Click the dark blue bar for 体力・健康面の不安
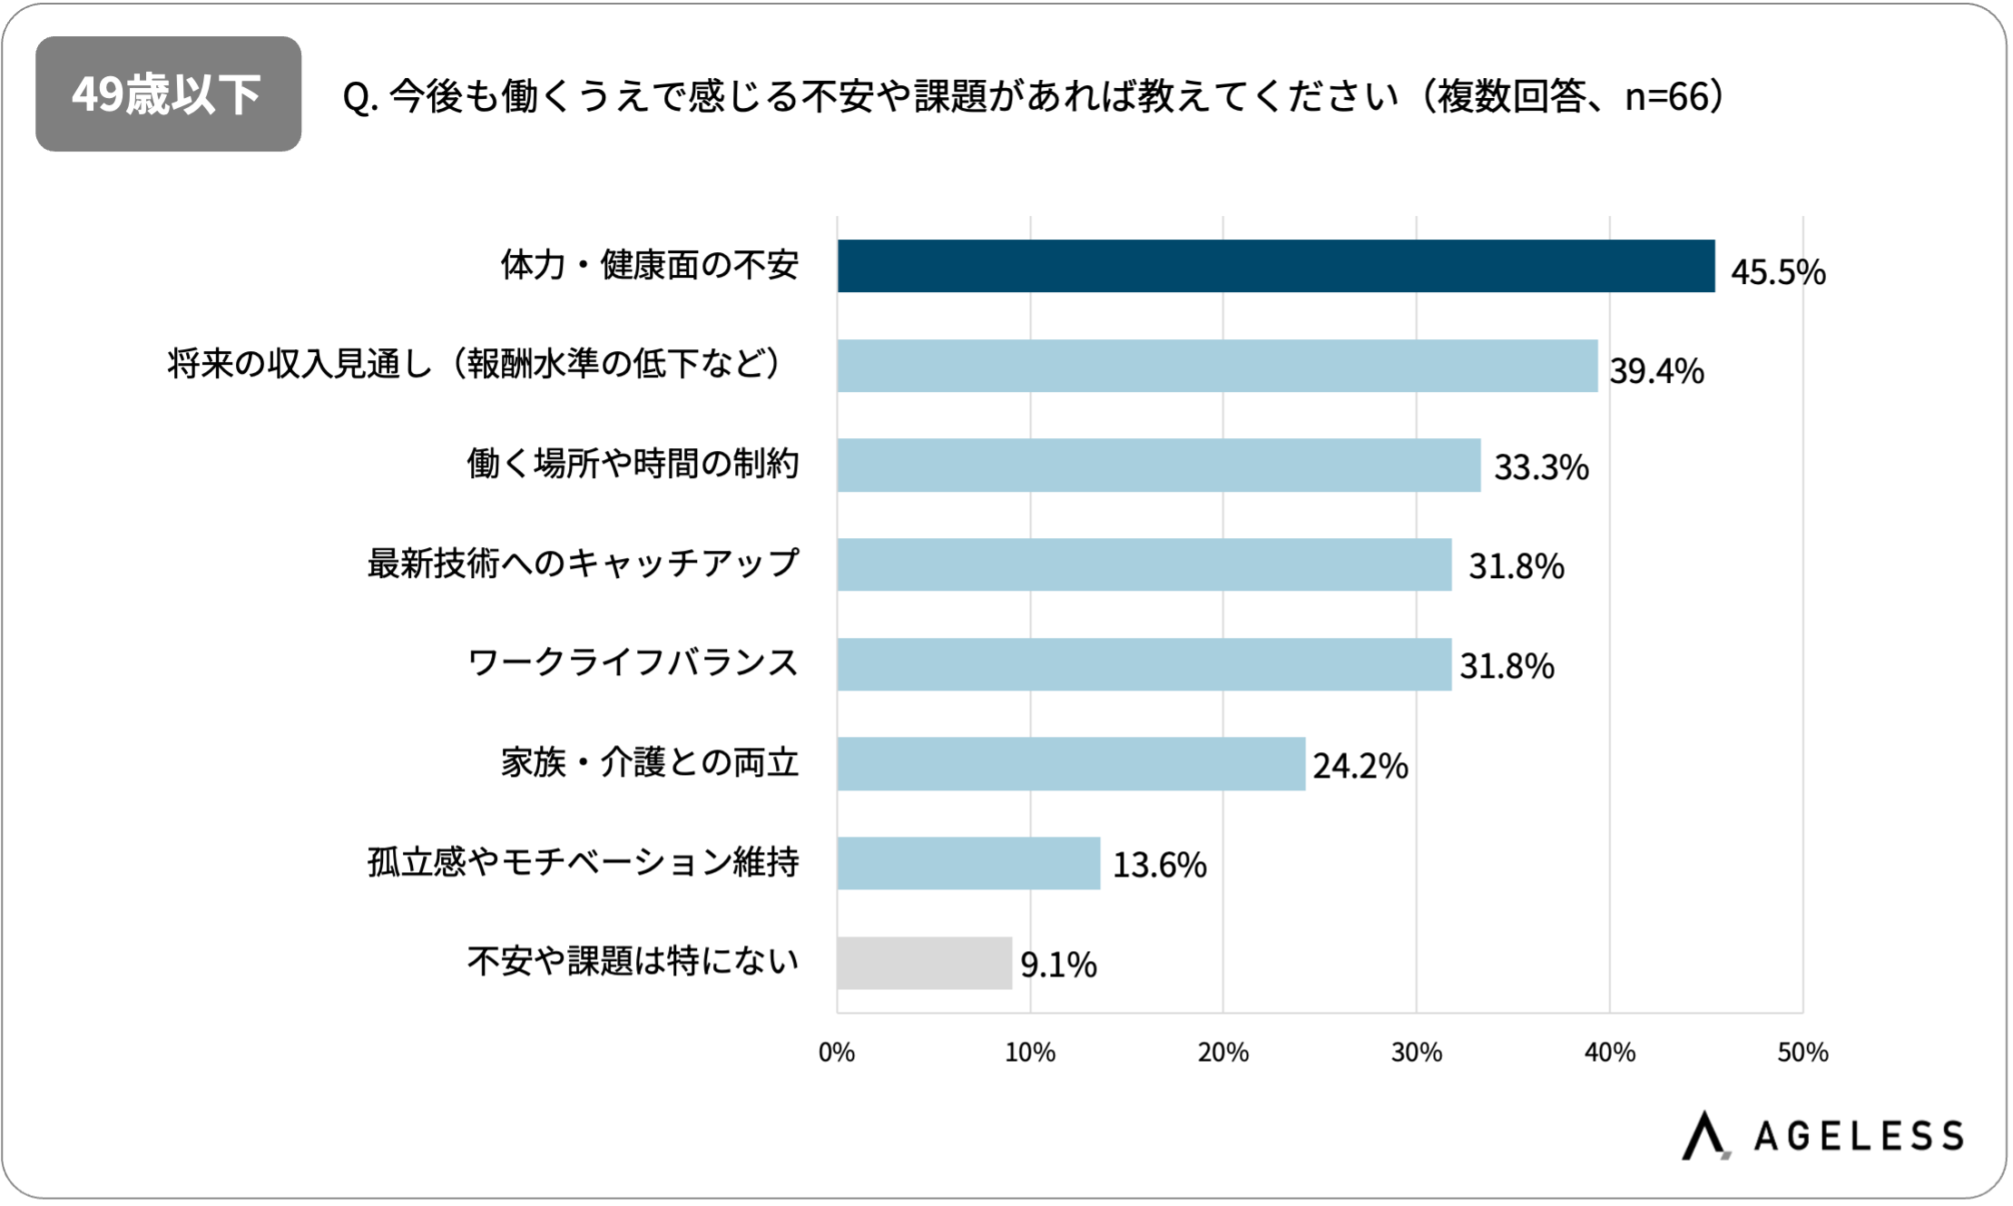[x=1275, y=266]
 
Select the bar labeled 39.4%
[x=1217, y=366]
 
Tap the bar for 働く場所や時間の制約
[x=1158, y=466]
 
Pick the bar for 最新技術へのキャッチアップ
[x=1144, y=564]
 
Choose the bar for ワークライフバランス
[x=1144, y=664]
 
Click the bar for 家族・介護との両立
[x=1071, y=764]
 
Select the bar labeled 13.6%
[x=968, y=863]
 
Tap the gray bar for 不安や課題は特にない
[x=924, y=963]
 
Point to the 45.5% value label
[x=1777, y=272]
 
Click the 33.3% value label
[x=1541, y=467]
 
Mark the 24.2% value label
[x=1360, y=766]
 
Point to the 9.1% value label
[x=1058, y=965]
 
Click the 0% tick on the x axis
[x=836, y=1053]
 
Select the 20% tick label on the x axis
[x=1223, y=1053]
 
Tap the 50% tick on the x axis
[x=1802, y=1053]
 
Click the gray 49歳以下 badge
[x=168, y=94]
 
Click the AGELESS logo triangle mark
[x=1704, y=1135]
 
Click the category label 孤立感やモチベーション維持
[x=583, y=862]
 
